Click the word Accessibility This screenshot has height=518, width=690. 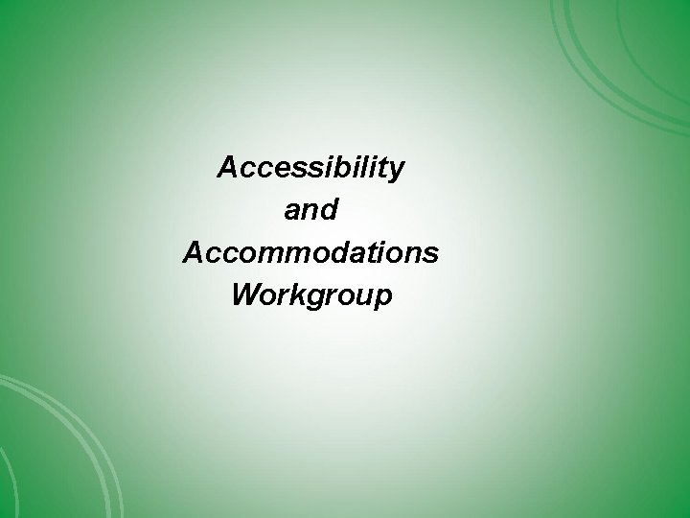311,169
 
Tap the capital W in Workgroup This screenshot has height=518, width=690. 246,295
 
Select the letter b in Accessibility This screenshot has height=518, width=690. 339,169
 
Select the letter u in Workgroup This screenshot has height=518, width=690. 360,297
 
